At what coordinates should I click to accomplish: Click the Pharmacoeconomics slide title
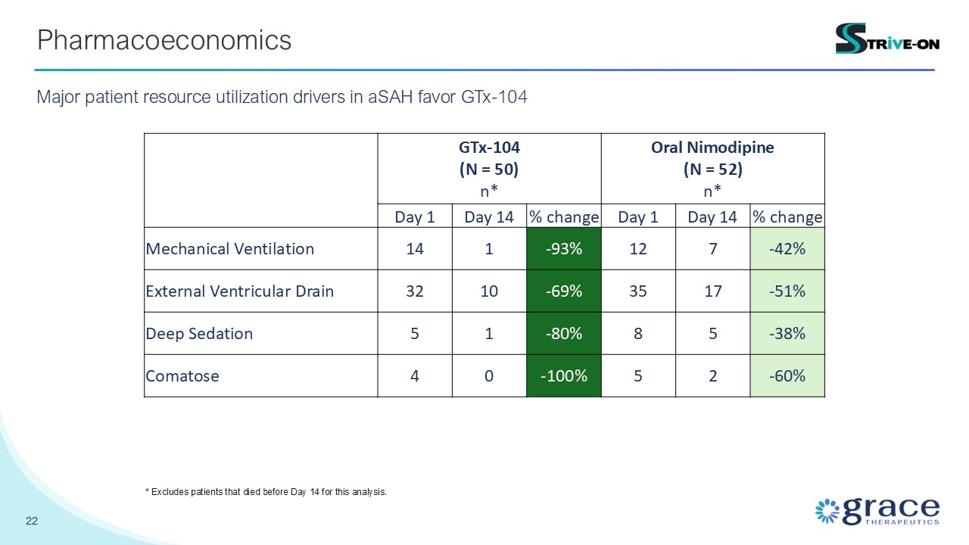click(164, 40)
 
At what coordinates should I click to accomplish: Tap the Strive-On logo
click(887, 39)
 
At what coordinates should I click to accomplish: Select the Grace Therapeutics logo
click(877, 511)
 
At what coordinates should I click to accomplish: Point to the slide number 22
click(32, 521)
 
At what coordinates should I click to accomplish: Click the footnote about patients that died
click(266, 492)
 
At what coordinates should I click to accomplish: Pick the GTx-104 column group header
click(489, 169)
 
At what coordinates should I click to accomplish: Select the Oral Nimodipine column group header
click(712, 169)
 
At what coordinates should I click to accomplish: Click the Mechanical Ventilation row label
click(229, 249)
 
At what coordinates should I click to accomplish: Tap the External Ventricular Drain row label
click(240, 291)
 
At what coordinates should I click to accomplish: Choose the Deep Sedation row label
click(199, 334)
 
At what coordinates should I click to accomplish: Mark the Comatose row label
click(182, 376)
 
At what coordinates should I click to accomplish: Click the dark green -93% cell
click(564, 249)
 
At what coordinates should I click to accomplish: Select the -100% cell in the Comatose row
click(564, 376)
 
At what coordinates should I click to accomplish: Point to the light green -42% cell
click(787, 249)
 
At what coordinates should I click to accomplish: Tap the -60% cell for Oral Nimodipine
click(787, 376)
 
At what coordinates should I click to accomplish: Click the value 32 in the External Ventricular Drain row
click(414, 291)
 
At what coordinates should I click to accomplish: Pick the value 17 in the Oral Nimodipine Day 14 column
click(712, 291)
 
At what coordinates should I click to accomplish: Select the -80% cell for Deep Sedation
click(564, 334)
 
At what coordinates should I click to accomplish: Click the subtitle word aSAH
click(390, 97)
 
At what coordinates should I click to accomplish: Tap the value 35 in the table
click(638, 291)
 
